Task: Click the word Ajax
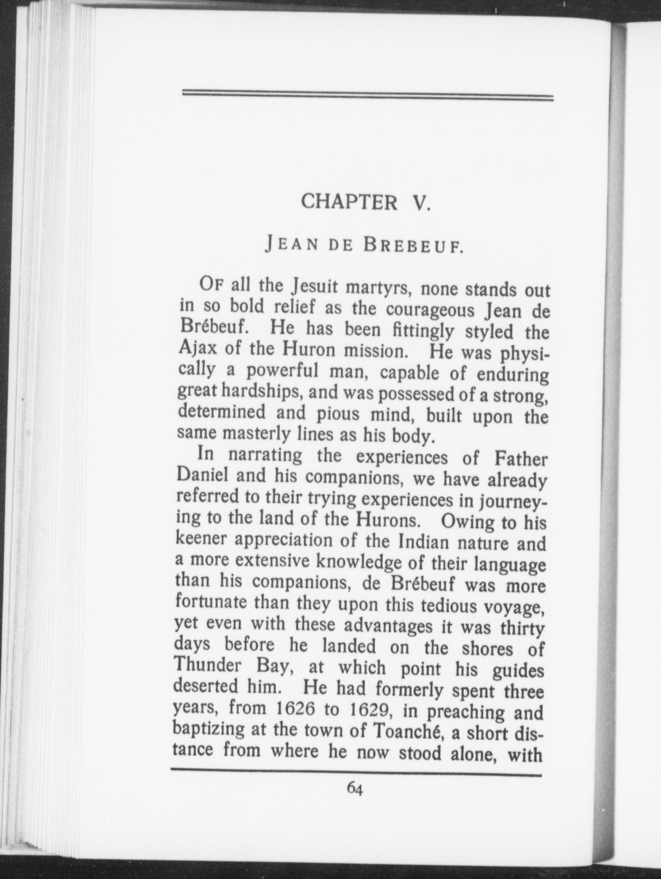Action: [198, 349]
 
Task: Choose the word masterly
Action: [257, 434]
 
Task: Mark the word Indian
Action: [423, 542]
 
